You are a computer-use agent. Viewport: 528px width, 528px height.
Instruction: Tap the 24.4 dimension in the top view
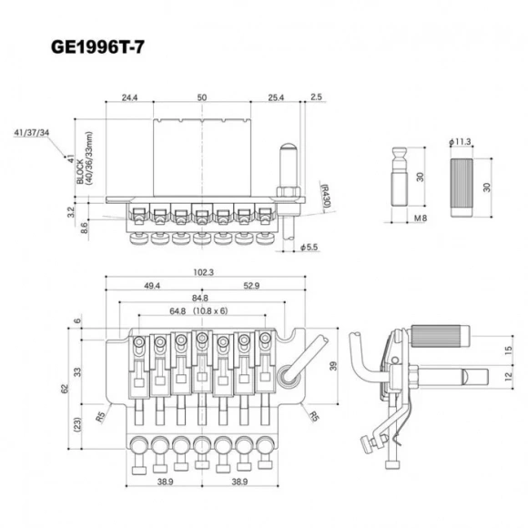[x=128, y=96]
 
